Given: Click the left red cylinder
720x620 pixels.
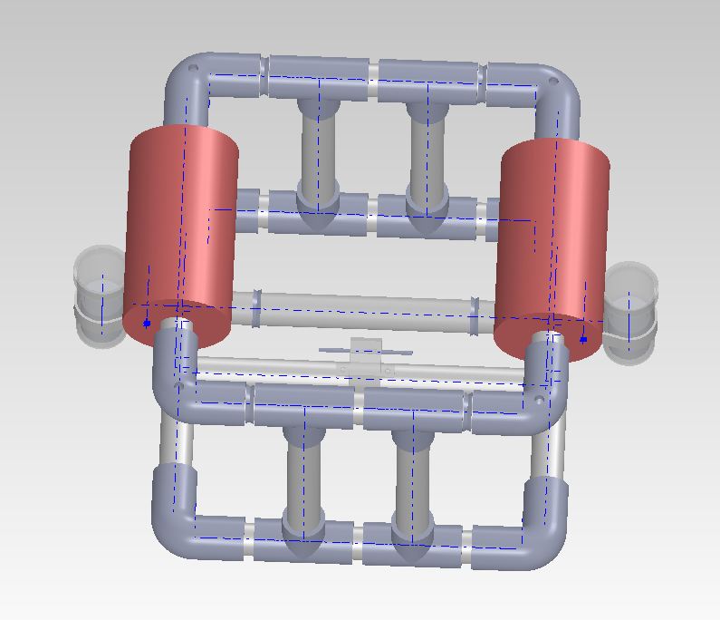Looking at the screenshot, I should point(186,227).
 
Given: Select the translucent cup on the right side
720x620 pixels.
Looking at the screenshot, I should point(629,308).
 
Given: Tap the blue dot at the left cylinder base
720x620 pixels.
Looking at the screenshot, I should point(147,323).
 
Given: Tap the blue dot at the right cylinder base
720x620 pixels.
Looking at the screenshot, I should point(583,340).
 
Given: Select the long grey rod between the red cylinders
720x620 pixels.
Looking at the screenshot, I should point(362,308).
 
